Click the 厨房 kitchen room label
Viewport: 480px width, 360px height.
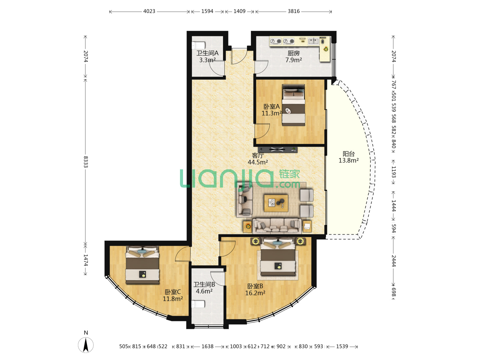pyautogui.click(x=293, y=53)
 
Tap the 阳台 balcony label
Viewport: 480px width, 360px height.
pyautogui.click(x=348, y=154)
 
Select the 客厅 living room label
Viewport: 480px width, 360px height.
pyautogui.click(x=258, y=155)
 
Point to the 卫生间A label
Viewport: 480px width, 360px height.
pyautogui.click(x=207, y=53)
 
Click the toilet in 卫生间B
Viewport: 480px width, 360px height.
pyautogui.click(x=198, y=304)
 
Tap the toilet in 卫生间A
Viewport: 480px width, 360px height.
pyautogui.click(x=198, y=45)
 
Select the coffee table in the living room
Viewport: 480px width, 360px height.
pyautogui.click(x=276, y=203)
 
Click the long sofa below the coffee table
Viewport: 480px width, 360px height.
pyautogui.click(x=277, y=226)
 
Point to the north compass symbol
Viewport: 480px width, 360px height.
pyautogui.click(x=86, y=343)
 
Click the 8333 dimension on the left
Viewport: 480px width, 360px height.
pyautogui.click(x=86, y=162)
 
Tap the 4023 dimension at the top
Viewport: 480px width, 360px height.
pyautogui.click(x=149, y=11)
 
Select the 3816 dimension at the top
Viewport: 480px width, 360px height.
pyautogui.click(x=293, y=11)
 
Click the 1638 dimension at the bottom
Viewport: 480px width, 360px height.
pyautogui.click(x=207, y=346)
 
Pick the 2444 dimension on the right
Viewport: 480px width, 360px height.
pyautogui.click(x=393, y=261)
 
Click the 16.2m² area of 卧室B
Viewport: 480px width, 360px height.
pyautogui.click(x=255, y=293)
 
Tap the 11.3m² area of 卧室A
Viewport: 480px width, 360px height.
pyautogui.click(x=271, y=113)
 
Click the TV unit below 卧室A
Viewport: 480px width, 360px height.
pyautogui.click(x=277, y=150)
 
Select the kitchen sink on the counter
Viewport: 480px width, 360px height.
pyautogui.click(x=313, y=41)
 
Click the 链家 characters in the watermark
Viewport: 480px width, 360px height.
pyautogui.click(x=289, y=174)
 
